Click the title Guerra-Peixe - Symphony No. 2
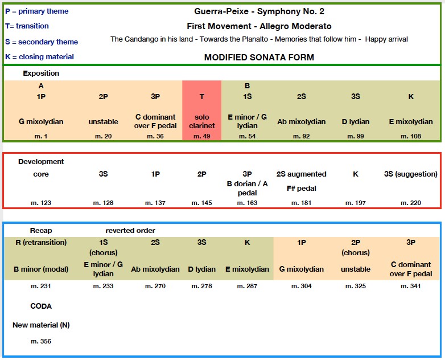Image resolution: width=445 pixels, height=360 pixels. pyautogui.click(x=259, y=11)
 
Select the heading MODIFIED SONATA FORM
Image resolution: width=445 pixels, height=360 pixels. pyautogui.click(x=259, y=57)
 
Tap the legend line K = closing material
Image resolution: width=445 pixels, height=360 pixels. pyautogui.click(x=39, y=56)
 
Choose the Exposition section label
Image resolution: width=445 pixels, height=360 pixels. pyautogui.click(x=41, y=73)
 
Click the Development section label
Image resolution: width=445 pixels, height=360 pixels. pyautogui.click(x=41, y=161)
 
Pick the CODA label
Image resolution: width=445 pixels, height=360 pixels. pyautogui.click(x=41, y=306)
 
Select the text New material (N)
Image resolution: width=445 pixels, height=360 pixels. pyautogui.click(x=41, y=325)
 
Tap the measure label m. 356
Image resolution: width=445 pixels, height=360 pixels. pyautogui.click(x=41, y=341)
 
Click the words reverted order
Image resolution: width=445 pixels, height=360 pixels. pyautogui.click(x=130, y=230)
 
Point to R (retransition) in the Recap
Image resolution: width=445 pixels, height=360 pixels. pyautogui.click(x=41, y=242)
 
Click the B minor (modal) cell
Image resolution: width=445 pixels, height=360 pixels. pyautogui.click(x=41, y=269)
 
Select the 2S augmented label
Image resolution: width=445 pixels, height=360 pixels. pyautogui.click(x=301, y=174)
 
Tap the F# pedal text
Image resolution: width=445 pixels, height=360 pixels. pyautogui.click(x=301, y=188)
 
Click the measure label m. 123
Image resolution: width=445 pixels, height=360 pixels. pyautogui.click(x=41, y=203)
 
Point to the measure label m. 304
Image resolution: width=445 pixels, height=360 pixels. pyautogui.click(x=302, y=286)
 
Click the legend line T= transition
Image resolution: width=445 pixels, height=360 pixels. pyautogui.click(x=27, y=26)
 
